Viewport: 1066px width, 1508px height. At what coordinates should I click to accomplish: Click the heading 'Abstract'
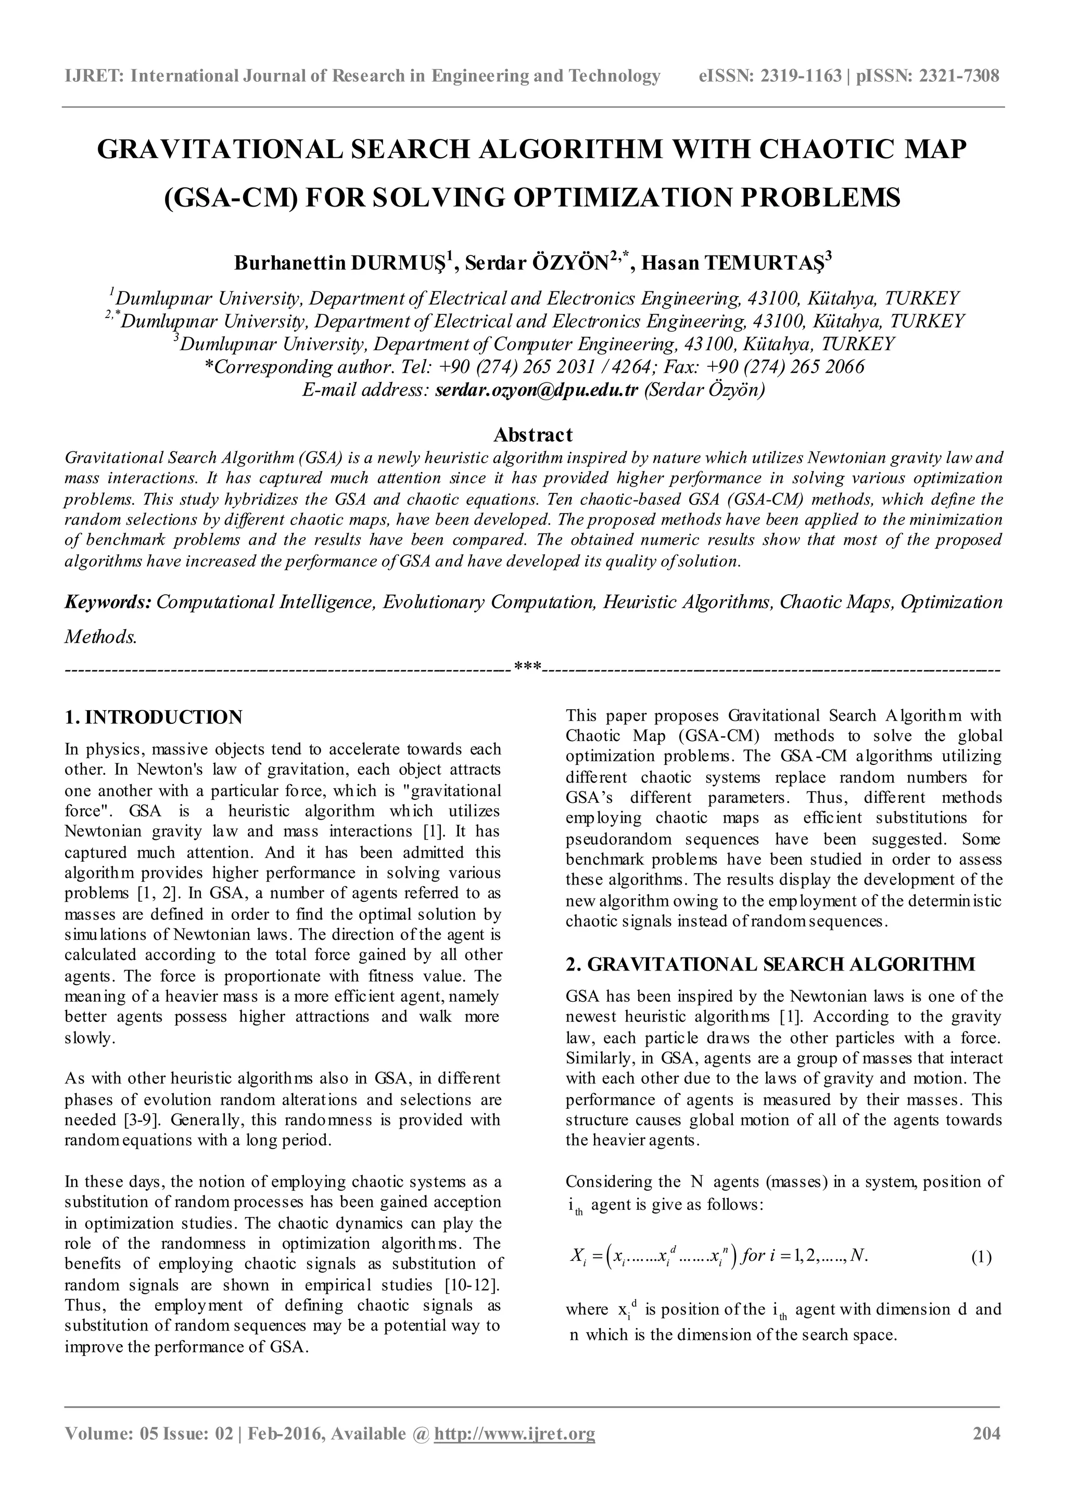(532, 435)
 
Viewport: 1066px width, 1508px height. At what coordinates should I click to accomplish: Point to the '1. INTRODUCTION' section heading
(154, 717)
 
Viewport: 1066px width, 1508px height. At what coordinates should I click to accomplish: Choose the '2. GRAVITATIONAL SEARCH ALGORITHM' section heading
(770, 964)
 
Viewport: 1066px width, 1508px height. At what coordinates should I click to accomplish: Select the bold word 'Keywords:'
(108, 602)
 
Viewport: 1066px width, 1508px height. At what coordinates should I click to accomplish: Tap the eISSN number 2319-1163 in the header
(801, 76)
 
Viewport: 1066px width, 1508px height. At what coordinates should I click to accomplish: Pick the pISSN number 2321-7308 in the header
(959, 76)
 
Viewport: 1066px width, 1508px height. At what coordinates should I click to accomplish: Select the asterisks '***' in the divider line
(527, 669)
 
